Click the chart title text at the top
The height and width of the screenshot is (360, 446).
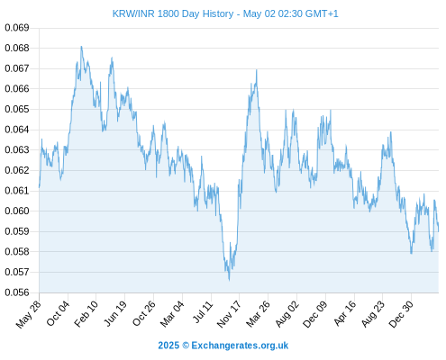point(225,13)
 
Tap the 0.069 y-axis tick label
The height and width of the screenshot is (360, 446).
point(17,28)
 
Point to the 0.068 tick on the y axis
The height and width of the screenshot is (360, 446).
point(17,48)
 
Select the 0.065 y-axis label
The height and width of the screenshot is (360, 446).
point(17,109)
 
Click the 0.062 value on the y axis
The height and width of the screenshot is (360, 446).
point(17,170)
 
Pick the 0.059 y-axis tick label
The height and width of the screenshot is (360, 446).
point(17,231)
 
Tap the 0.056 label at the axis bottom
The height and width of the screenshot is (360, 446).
point(17,292)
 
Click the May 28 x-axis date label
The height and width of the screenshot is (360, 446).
point(28,314)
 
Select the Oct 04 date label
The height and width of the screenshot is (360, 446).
point(57,313)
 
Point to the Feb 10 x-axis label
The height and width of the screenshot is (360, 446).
point(86,313)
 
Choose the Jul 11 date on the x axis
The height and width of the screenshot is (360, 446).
point(203,312)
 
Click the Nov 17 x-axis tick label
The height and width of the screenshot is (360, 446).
point(229,314)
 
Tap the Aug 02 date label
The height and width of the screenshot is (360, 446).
point(287,313)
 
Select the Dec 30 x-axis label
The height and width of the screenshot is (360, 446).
point(401,313)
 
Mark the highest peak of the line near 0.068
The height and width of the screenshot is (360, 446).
point(81,47)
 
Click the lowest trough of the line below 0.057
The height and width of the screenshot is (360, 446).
point(229,280)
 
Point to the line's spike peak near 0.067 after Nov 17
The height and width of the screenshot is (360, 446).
point(257,70)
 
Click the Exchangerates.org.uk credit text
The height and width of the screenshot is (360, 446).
point(240,346)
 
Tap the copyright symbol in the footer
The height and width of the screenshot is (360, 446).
point(186,346)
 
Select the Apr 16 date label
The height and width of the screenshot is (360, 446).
point(344,313)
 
